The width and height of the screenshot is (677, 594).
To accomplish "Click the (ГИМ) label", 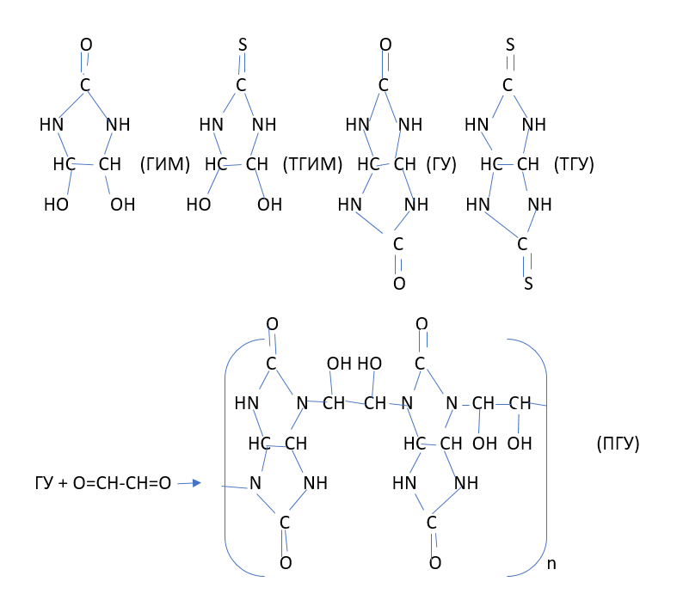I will (163, 163).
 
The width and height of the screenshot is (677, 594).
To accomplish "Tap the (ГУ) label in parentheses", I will (440, 163).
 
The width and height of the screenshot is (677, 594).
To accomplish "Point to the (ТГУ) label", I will (575, 163).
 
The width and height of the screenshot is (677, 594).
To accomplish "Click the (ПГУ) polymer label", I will (617, 444).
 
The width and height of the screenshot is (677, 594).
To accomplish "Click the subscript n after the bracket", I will (551, 564).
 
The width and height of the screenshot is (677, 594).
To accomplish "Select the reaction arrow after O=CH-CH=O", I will (189, 484).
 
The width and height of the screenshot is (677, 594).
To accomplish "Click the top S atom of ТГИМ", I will (242, 44).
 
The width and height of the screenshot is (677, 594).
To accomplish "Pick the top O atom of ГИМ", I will (85, 44).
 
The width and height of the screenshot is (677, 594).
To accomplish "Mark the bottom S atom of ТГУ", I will (528, 283).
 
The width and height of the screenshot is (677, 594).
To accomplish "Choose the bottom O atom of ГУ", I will (398, 283).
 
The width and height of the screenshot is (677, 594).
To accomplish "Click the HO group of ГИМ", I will (57, 205).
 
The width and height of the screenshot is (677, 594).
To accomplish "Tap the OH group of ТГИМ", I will (269, 205).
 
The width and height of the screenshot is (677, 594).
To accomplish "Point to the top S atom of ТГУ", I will (510, 44).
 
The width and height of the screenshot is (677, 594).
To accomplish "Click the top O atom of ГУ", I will (385, 44).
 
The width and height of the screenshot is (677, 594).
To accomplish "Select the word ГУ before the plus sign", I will (43, 484).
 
